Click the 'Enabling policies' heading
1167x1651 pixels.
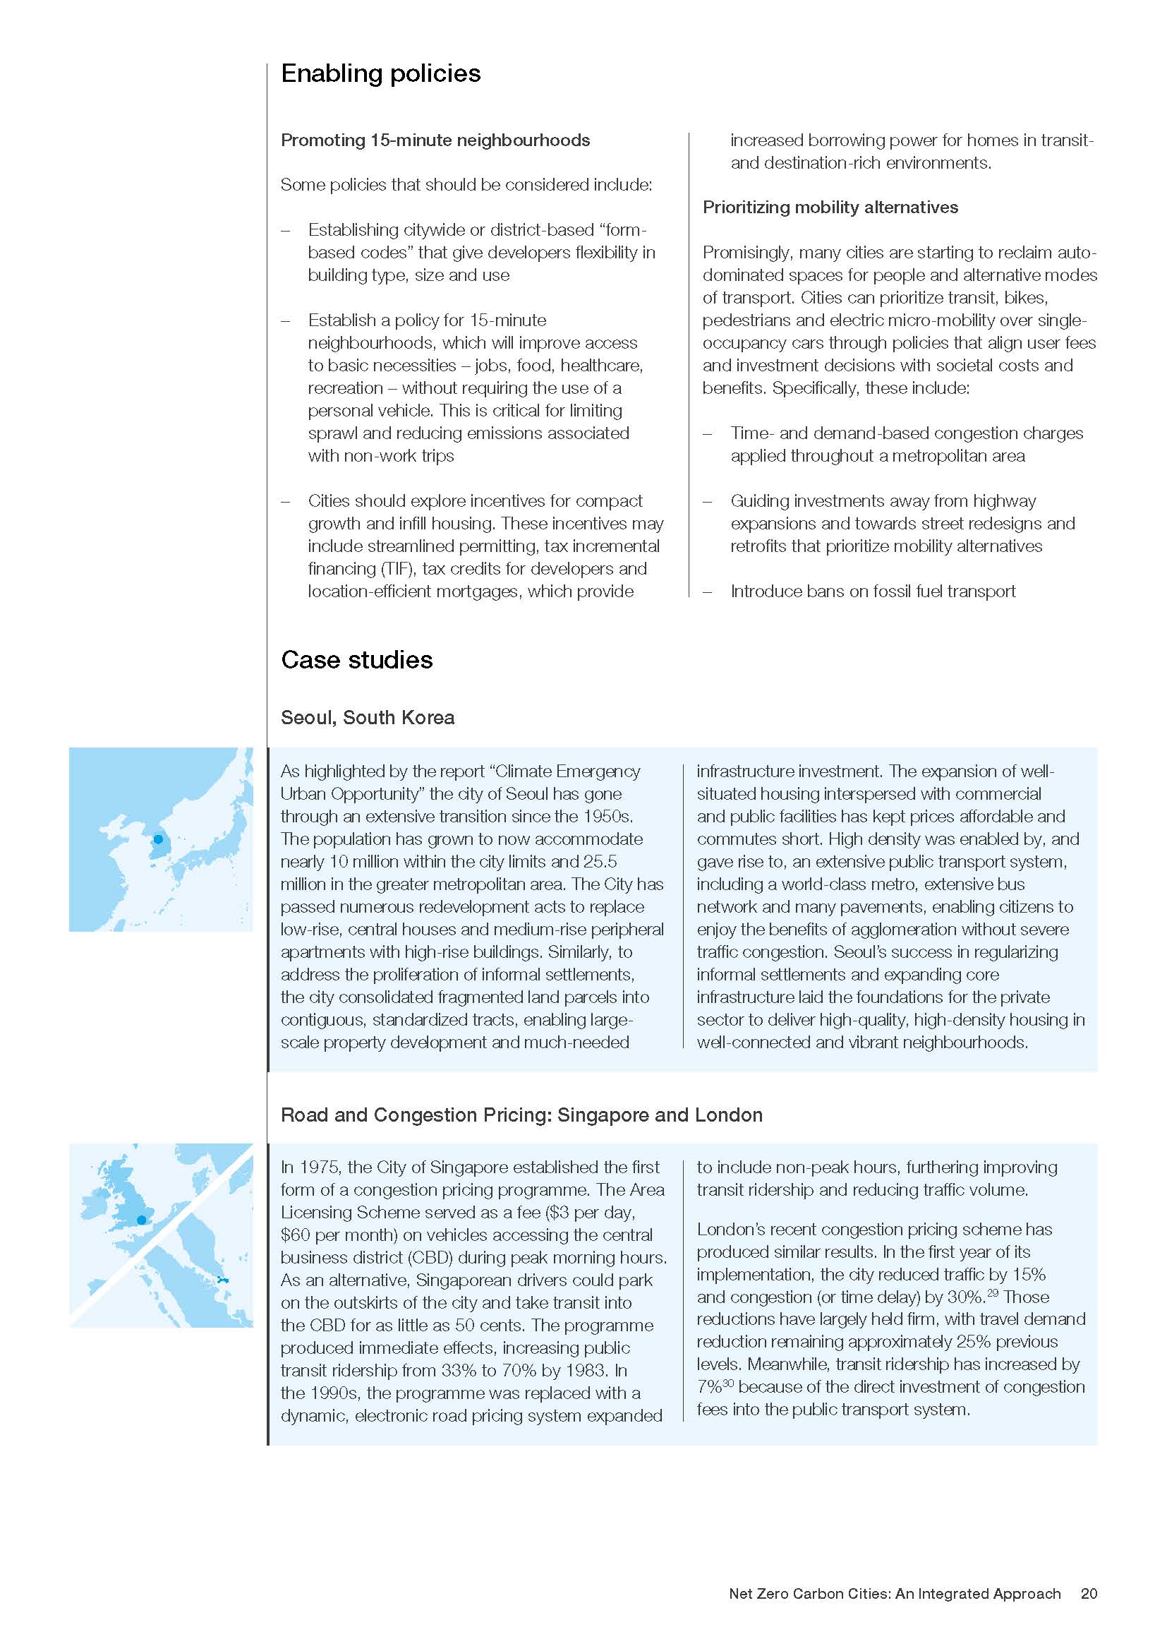(x=380, y=73)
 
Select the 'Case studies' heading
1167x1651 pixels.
(x=356, y=660)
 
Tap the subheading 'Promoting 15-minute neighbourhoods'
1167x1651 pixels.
(x=435, y=140)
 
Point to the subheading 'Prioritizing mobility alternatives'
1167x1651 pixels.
(x=830, y=207)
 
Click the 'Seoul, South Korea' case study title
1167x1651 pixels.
(x=367, y=718)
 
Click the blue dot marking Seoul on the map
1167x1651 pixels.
(x=158, y=839)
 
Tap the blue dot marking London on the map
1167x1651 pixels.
(x=142, y=1220)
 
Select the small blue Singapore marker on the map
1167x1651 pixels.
(x=222, y=1280)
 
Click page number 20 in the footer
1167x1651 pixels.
(x=1089, y=1594)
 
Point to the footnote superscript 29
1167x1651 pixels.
(x=993, y=1292)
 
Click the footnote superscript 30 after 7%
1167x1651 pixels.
(x=728, y=1383)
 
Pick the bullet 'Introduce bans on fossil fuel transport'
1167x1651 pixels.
(x=872, y=591)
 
